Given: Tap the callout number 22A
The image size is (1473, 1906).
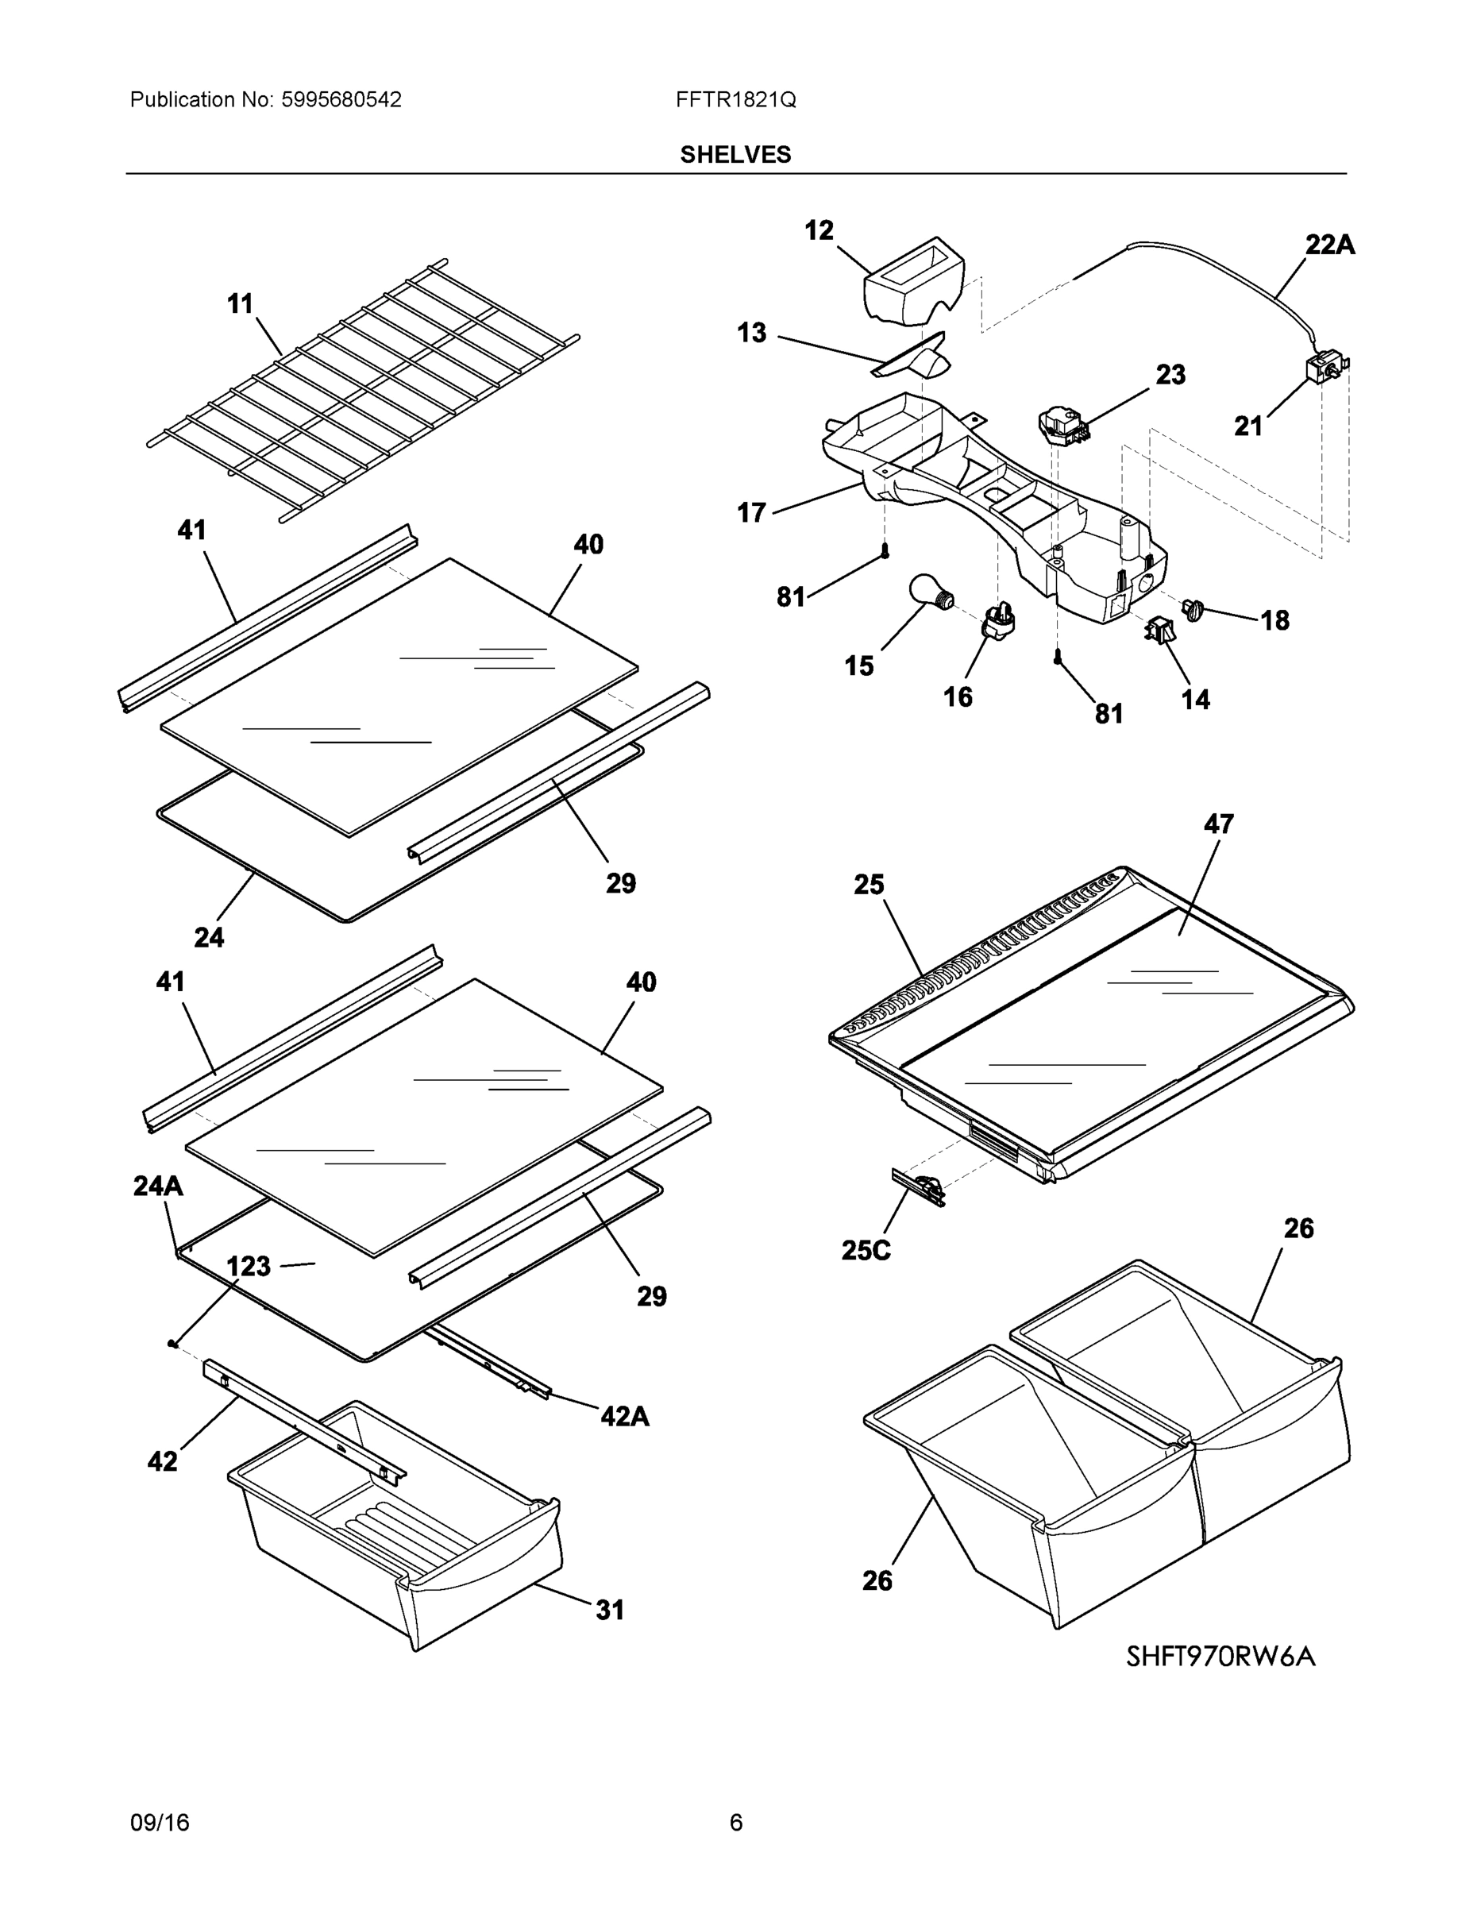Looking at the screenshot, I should pos(1329,245).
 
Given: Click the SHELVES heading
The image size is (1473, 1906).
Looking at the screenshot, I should pos(735,155).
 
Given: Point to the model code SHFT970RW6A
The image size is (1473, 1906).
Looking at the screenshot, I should pos(1220,1657).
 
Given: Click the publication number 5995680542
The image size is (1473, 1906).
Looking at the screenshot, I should pos(341,99).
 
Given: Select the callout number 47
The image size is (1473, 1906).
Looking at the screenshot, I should pos(1218,824).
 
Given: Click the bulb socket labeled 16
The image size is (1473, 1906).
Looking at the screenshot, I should pos(1001,620).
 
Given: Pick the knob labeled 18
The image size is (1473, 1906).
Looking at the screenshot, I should pos(1192,608).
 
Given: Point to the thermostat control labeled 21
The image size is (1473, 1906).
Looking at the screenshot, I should pos(1324,370).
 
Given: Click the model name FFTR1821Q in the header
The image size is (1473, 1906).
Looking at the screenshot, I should pos(735,99).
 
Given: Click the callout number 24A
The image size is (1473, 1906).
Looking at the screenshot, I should pos(158,1185).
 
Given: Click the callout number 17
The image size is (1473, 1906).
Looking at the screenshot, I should pos(751,512).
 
